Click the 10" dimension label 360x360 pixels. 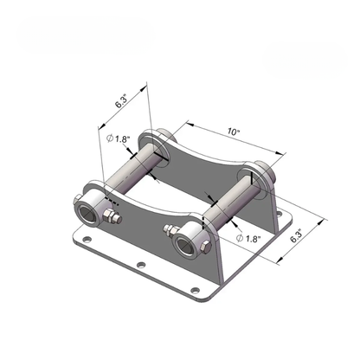(234, 132)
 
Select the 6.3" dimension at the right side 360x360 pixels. (296, 235)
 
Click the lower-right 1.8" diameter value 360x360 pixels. (254, 239)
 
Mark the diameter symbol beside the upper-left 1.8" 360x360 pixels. (110, 138)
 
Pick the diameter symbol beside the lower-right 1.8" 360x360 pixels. (240, 238)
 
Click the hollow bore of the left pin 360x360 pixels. (87, 214)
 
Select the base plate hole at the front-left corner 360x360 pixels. (87, 239)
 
